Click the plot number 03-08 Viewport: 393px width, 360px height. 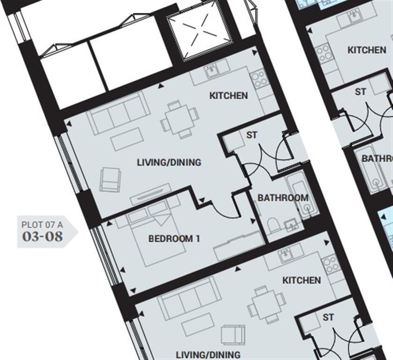[42, 236]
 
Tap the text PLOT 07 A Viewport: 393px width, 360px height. [42, 225]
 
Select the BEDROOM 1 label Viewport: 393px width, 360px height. [174, 239]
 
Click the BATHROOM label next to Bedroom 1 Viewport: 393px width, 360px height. [283, 198]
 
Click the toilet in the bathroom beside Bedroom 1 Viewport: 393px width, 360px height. [274, 225]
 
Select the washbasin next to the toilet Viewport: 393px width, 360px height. [292, 225]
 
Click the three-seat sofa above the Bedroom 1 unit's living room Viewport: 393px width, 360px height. [119, 113]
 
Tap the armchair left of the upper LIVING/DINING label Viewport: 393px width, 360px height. [110, 180]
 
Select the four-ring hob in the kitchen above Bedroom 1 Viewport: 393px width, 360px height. [259, 80]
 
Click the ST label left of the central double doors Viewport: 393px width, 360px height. [252, 135]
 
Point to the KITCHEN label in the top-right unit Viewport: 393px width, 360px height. [367, 50]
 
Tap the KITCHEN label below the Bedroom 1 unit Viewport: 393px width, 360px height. [301, 280]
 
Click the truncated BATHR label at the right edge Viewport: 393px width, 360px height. [377, 159]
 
